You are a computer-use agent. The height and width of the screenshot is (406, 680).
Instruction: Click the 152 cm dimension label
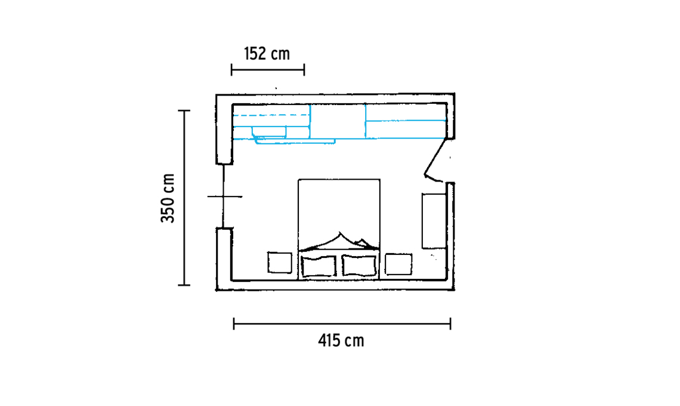pyautogui.click(x=267, y=54)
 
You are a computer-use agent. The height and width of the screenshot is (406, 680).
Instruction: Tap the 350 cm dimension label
pyautogui.click(x=168, y=198)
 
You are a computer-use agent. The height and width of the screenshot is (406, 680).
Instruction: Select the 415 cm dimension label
pyautogui.click(x=341, y=341)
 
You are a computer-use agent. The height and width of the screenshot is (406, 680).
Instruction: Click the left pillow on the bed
pyautogui.click(x=319, y=266)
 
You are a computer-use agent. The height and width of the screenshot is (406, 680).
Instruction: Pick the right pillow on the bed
pyautogui.click(x=359, y=265)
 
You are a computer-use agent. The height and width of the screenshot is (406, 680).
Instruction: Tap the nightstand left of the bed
pyautogui.click(x=280, y=263)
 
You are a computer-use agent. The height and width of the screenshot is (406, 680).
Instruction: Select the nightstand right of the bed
pyautogui.click(x=398, y=264)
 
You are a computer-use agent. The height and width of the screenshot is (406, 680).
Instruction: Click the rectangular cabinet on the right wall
pyautogui.click(x=434, y=221)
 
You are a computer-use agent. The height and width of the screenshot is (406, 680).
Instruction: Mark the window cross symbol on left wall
pyautogui.click(x=224, y=196)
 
